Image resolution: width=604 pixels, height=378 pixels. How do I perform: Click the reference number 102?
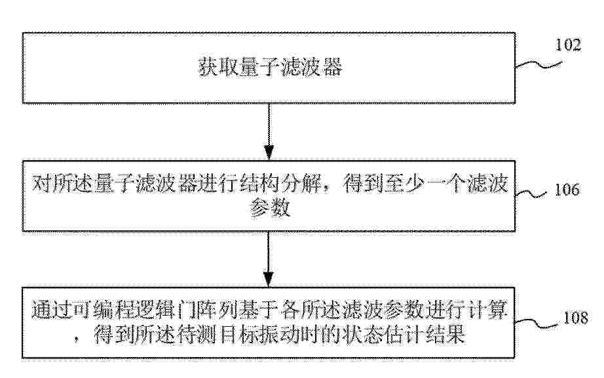(568, 45)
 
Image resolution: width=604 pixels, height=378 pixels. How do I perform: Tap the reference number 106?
(567, 190)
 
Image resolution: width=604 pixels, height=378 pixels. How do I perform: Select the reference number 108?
(576, 318)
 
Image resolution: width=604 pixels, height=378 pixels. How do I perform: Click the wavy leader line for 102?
(538, 65)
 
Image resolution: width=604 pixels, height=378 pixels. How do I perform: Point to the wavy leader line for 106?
(531, 194)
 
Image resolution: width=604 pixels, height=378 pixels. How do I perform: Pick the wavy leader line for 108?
(537, 324)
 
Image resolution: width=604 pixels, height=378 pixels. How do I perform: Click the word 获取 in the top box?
(218, 67)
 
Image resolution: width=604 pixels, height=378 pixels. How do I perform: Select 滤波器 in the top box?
(312, 67)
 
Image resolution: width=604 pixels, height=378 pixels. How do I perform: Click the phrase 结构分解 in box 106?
(281, 183)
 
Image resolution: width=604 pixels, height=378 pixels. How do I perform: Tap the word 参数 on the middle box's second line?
(270, 208)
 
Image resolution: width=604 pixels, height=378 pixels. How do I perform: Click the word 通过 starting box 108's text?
(52, 310)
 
